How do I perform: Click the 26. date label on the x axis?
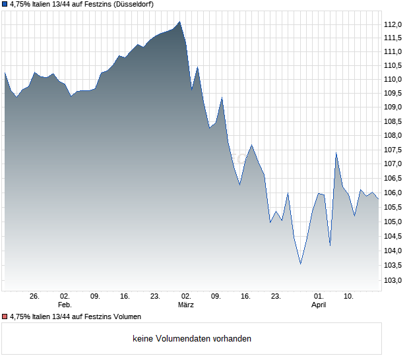[x=35, y=296]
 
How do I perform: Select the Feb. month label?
[x=65, y=305]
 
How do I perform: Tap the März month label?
[x=185, y=305]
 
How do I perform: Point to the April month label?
[x=319, y=305]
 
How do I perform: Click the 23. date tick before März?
[x=155, y=296]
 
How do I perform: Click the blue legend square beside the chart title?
[x=5, y=4]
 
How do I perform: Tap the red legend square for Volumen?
[x=5, y=317]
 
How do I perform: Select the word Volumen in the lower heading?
[x=125, y=317]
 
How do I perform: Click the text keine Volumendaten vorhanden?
[x=192, y=339]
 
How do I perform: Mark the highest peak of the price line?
[x=180, y=22]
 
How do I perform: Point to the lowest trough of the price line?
[x=301, y=264]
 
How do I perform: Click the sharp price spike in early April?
[x=336, y=153]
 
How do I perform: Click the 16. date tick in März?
[x=245, y=296]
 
